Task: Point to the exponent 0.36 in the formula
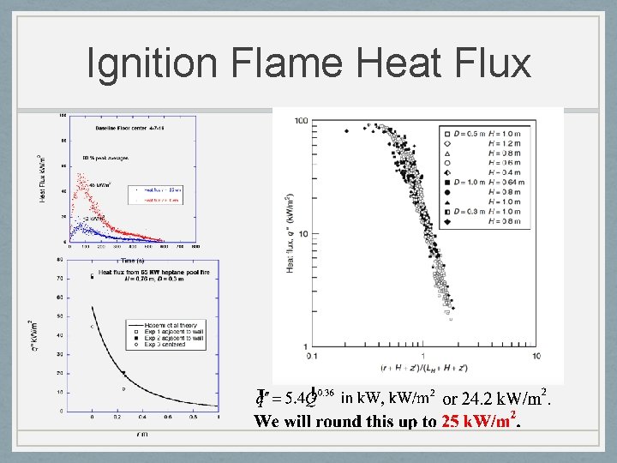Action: click(x=323, y=394)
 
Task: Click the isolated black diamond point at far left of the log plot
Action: click(x=346, y=131)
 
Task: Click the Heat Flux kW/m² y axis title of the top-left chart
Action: click(x=44, y=178)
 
